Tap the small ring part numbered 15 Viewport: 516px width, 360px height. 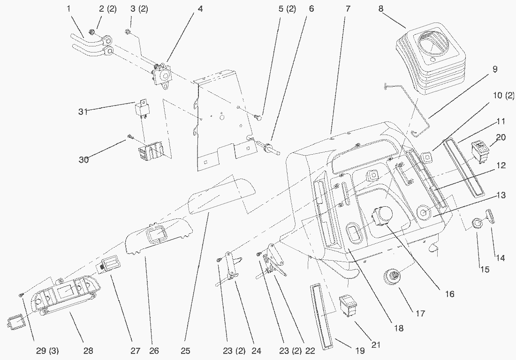point(477,224)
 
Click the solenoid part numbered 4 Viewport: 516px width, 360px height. point(161,75)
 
